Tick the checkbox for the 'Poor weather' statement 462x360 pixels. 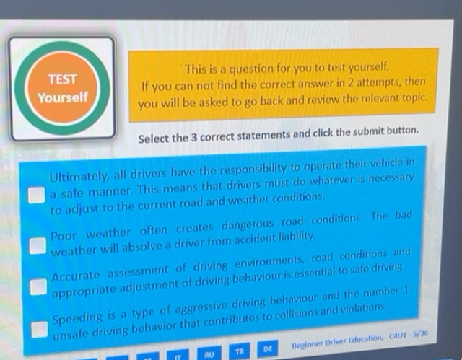pos(37,244)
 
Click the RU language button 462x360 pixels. pos(209,354)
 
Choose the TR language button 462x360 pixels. pos(239,352)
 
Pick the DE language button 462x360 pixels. pos(267,349)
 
